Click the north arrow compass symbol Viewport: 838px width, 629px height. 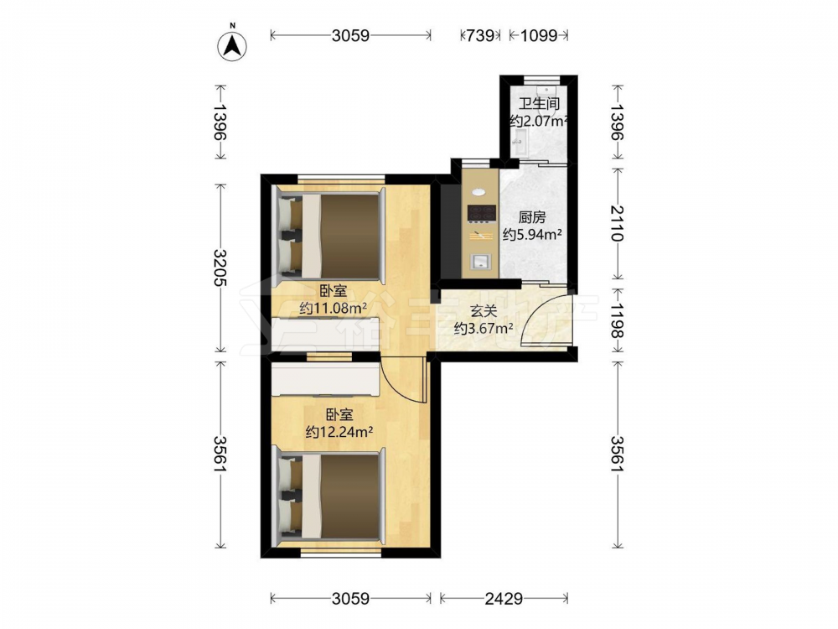point(232,46)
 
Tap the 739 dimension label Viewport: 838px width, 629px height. point(480,35)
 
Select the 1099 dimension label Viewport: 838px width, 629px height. point(539,35)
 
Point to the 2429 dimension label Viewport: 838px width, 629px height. point(504,598)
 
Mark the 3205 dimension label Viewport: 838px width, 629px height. point(220,268)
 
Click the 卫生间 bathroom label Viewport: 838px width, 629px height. point(539,104)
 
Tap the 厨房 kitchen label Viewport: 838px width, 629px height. point(532,218)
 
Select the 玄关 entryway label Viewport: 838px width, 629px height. point(484,311)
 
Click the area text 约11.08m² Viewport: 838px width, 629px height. point(333,308)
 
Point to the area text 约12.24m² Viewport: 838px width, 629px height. point(339,432)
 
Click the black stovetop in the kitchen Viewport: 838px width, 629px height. point(480,213)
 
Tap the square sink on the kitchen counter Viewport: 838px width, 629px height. point(480,262)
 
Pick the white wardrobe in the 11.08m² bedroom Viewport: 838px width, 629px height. point(325,335)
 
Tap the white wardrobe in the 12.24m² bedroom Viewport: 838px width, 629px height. point(325,379)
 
